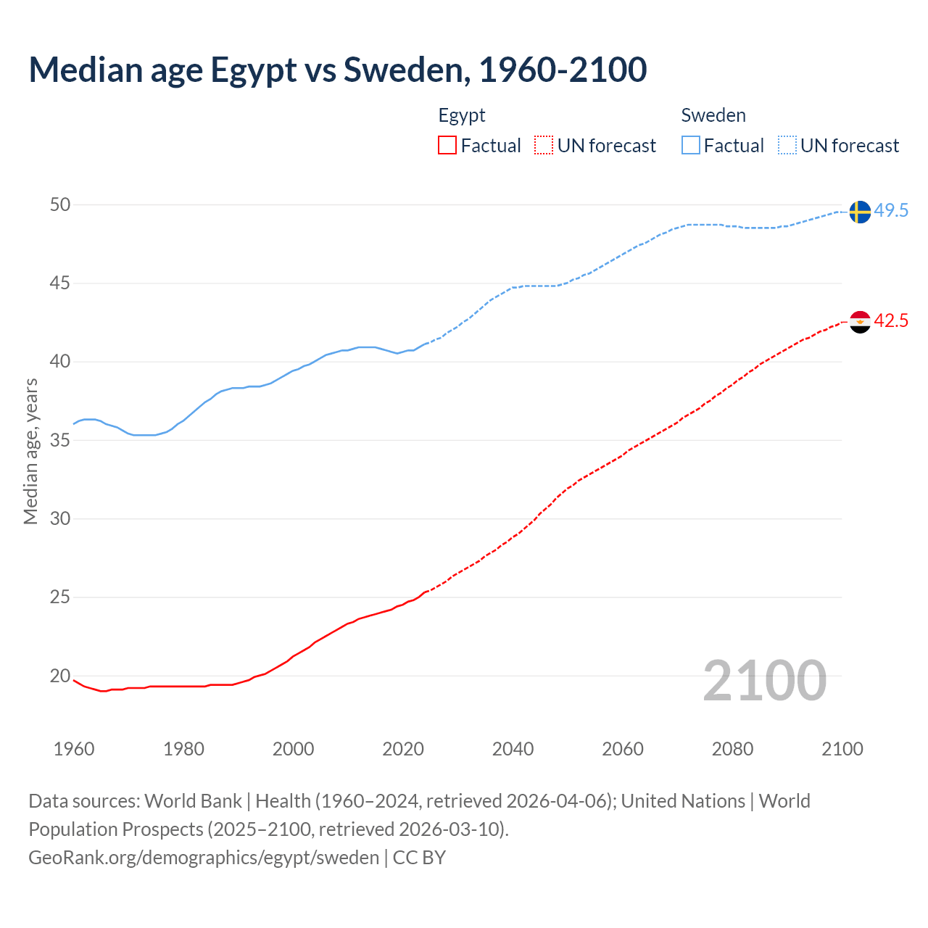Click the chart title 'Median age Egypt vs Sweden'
(337, 70)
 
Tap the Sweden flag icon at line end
(859, 212)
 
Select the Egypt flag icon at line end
(859, 321)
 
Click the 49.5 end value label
(891, 211)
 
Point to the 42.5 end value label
(891, 320)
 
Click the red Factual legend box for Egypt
(447, 146)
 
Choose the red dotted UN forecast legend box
(544, 146)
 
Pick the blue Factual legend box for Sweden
(691, 146)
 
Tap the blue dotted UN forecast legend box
(787, 146)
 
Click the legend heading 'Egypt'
(462, 115)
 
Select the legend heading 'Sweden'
(713, 115)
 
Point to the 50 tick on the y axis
(60, 205)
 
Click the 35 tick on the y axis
(60, 441)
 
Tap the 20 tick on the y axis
(60, 676)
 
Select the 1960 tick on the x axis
(74, 749)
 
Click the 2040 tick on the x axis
(513, 749)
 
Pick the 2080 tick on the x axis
(732, 749)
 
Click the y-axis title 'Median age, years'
(30, 451)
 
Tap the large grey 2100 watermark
(764, 680)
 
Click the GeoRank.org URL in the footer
(204, 858)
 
